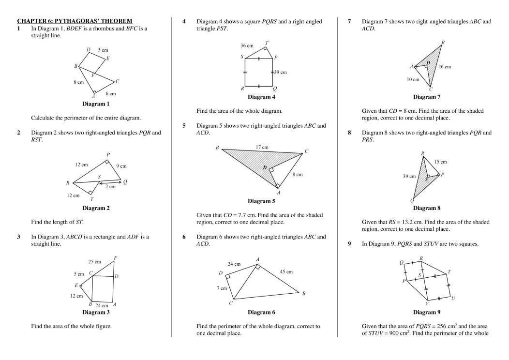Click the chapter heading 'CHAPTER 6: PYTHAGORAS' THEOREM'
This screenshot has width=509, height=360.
point(75,21)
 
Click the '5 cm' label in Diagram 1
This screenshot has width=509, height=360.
point(103,50)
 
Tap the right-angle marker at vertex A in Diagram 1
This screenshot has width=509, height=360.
point(94,91)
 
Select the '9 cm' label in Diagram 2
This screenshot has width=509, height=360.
point(121,166)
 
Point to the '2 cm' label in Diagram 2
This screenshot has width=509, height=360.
point(111,187)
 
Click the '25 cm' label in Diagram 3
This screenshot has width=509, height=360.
point(94,261)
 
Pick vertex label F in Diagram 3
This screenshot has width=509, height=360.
point(115,257)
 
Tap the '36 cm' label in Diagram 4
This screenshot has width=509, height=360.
point(247,45)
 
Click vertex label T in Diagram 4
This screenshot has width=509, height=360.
point(267,43)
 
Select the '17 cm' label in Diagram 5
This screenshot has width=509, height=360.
point(262,147)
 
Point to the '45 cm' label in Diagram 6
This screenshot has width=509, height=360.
point(286,271)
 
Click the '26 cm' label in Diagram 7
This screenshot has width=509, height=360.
point(444,67)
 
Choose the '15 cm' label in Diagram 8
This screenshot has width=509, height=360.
point(440,161)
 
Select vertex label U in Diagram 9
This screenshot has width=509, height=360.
point(453,298)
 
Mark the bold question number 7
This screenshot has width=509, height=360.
point(349,22)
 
